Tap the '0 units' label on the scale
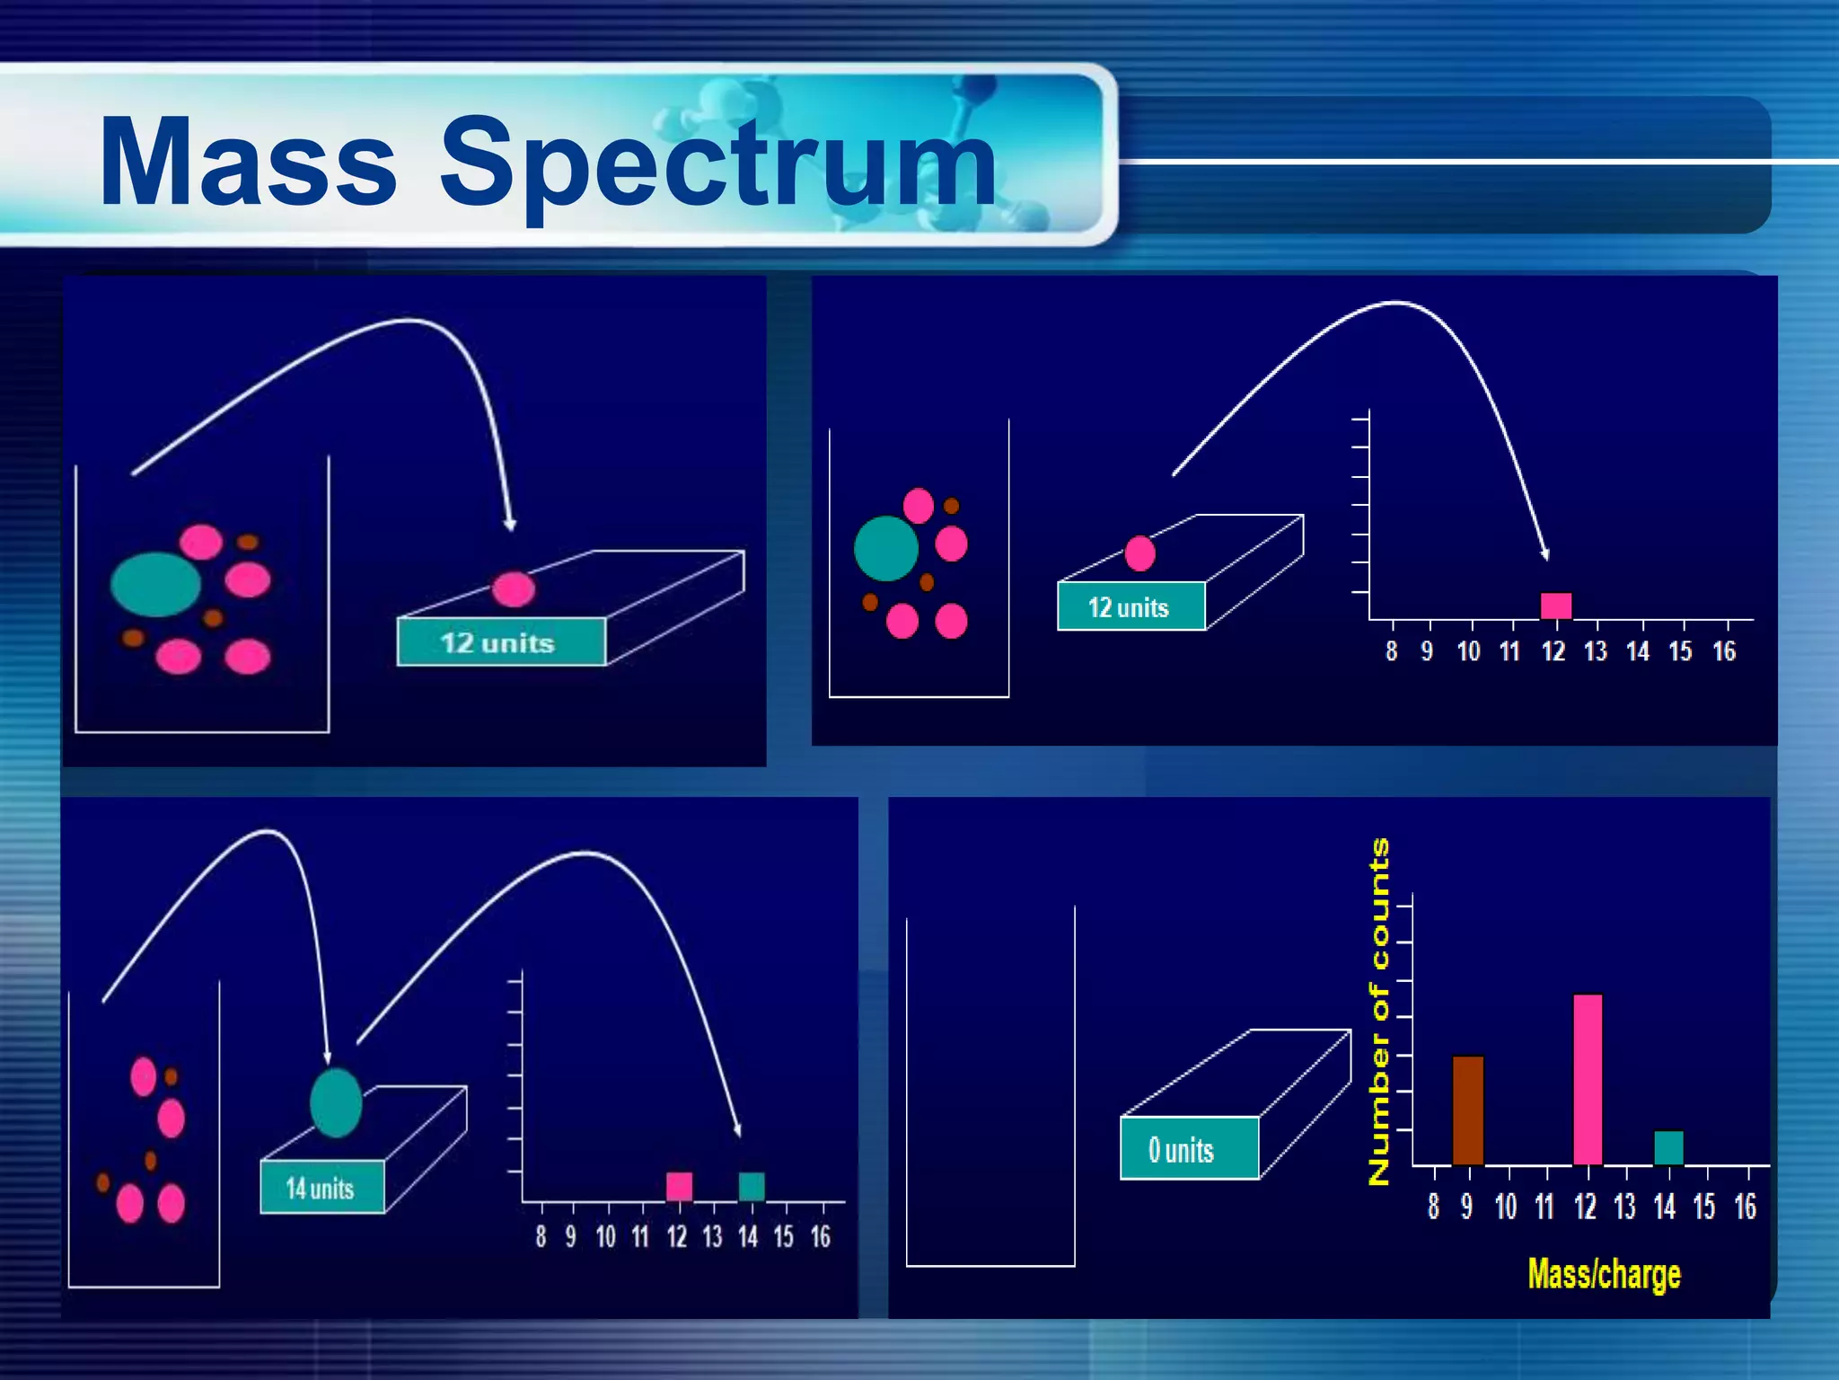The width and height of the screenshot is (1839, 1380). [x=1182, y=1150]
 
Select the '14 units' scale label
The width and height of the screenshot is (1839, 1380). [x=320, y=1189]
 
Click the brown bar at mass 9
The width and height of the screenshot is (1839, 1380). [x=1467, y=1110]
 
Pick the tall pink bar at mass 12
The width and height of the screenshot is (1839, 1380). [x=1588, y=1079]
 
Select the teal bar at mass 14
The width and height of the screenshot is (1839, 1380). [x=1668, y=1147]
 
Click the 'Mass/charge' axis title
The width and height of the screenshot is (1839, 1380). [x=1604, y=1274]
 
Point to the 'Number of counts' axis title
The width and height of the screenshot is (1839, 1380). [x=1379, y=1012]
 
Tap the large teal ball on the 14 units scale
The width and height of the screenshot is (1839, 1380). [x=336, y=1102]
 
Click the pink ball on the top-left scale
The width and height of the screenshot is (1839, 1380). [x=514, y=589]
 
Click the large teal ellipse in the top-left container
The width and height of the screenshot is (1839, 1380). [x=155, y=584]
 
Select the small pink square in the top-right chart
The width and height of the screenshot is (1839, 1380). [x=1556, y=606]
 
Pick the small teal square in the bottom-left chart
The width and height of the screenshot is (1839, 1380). [x=751, y=1187]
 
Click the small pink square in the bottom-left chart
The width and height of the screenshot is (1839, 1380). [x=680, y=1187]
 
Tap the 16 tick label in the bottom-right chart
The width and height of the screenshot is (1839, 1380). [x=1745, y=1207]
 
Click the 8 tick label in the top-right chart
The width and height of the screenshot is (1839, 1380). [x=1391, y=651]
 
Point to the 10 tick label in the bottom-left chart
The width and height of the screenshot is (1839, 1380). [x=606, y=1237]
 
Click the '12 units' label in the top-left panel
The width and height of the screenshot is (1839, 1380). [x=497, y=643]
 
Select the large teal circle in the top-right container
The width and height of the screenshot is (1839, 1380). [x=885, y=548]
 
